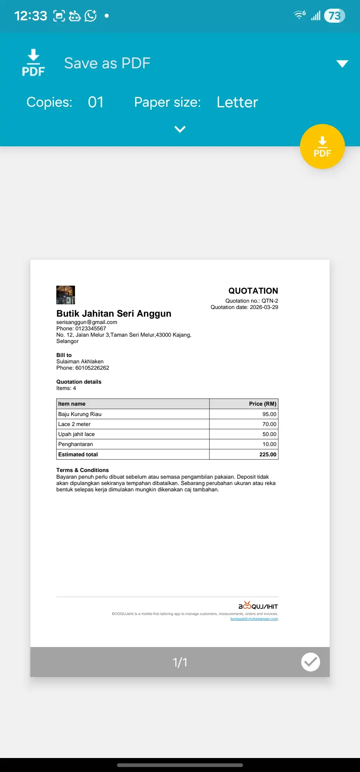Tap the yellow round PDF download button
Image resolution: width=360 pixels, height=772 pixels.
pos(322,147)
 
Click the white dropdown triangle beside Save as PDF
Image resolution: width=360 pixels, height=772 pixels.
pos(342,63)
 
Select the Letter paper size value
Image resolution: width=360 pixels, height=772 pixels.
pos(237,102)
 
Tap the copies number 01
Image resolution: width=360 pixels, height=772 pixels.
pos(96,102)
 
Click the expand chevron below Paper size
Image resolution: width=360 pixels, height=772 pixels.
pos(180,129)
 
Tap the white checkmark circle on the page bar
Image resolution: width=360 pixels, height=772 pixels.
pos(310,662)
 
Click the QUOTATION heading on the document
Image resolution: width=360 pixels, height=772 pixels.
pos(253,291)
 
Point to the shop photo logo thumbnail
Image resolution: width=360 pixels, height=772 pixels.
pos(66,295)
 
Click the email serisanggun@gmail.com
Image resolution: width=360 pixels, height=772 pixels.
pos(87,322)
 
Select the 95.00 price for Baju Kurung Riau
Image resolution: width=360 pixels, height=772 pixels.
pos(269,414)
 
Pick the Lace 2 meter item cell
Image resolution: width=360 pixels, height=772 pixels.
pos(74,424)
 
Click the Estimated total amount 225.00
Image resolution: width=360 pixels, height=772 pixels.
pos(268,454)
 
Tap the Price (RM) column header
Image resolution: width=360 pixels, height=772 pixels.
pos(262,404)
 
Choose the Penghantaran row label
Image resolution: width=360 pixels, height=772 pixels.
pos(76,444)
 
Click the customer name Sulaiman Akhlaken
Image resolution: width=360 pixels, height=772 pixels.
pos(80,361)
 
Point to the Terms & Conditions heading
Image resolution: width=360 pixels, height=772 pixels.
pos(82,470)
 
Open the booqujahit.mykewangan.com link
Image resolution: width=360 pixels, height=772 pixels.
pos(254,619)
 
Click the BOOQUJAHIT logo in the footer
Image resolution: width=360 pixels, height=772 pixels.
pos(258,606)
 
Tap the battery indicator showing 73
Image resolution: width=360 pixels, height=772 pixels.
pos(334,16)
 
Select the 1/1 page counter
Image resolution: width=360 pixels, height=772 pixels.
pos(180,662)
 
